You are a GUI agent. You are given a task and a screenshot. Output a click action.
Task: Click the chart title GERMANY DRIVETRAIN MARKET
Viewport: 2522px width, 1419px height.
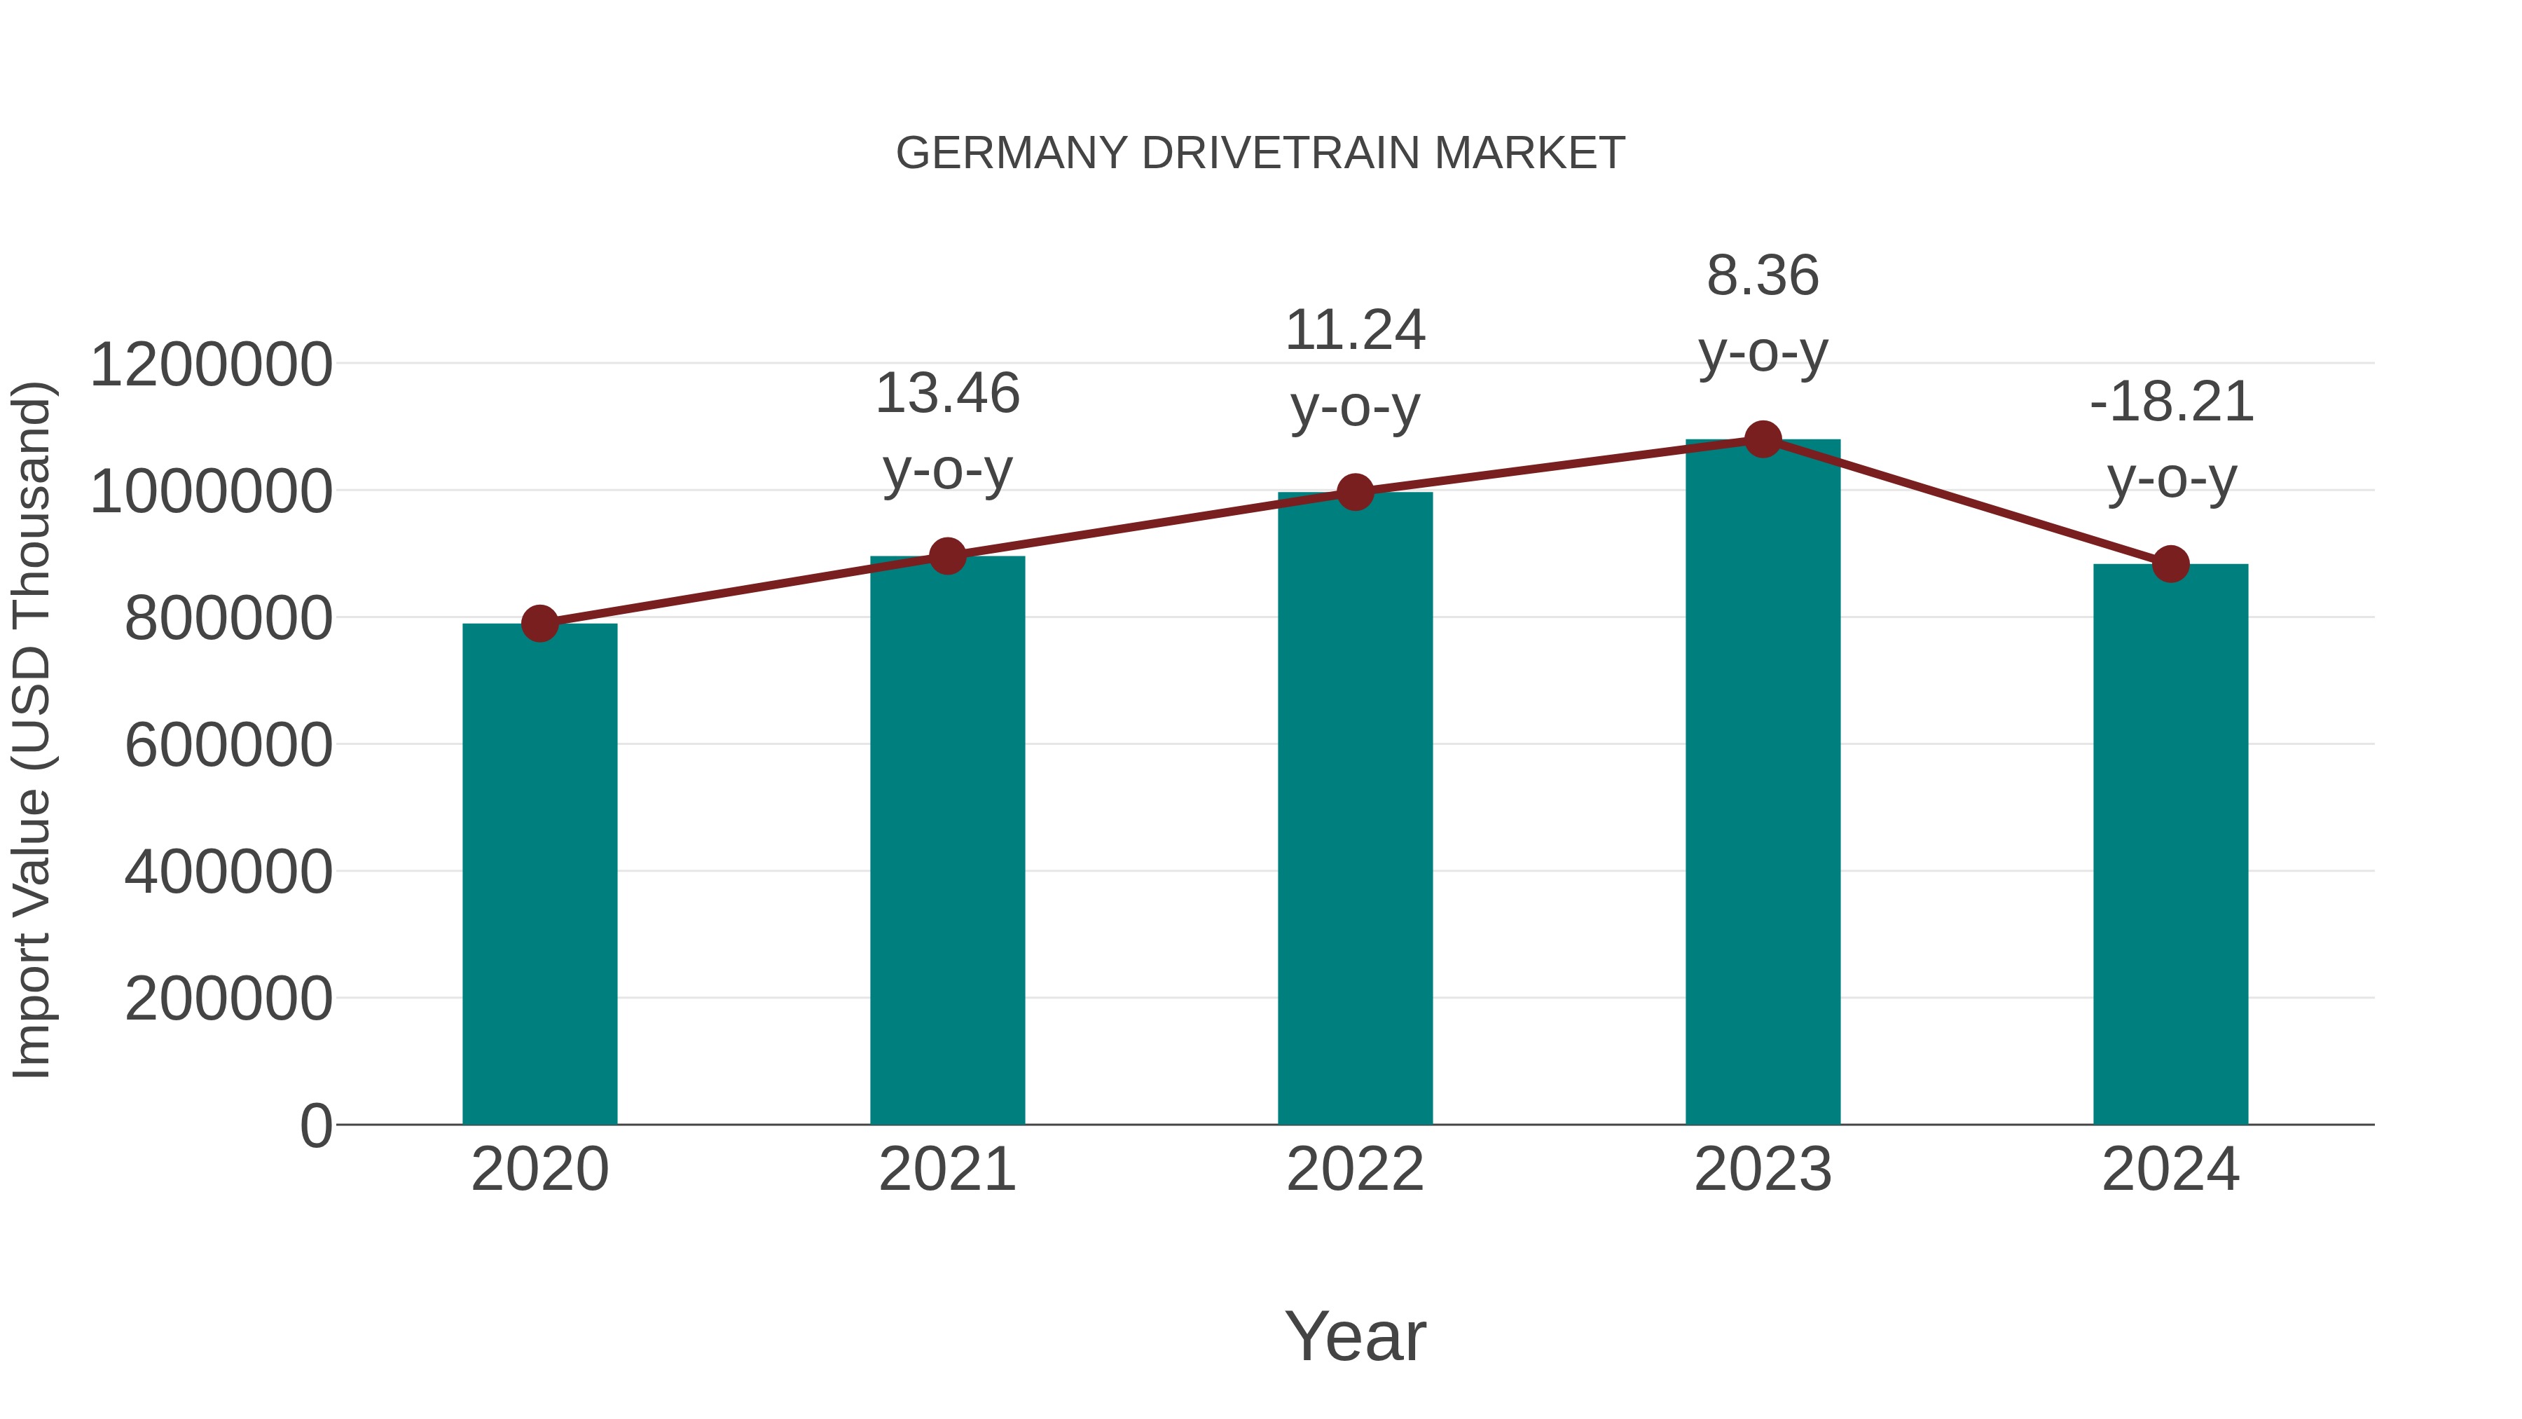1260,153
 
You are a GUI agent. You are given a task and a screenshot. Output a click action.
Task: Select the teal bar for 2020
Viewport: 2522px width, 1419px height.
539,874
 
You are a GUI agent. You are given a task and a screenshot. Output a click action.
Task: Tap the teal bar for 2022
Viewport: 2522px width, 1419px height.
1355,808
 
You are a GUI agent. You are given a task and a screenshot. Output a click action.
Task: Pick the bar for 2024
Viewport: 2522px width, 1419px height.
2170,844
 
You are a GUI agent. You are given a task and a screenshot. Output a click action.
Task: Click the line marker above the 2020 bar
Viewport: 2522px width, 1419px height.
539,623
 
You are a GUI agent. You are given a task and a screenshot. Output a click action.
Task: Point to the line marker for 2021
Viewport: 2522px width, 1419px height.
946,556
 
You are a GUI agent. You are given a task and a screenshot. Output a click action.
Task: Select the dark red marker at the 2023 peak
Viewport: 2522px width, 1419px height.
1763,439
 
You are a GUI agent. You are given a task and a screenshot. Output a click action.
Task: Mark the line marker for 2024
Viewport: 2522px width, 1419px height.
2170,564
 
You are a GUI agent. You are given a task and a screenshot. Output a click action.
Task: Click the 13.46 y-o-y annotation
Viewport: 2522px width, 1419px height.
946,431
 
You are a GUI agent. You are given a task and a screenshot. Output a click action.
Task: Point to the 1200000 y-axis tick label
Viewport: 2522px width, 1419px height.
210,364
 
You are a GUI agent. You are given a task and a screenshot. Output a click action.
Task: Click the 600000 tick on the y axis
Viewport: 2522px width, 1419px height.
228,746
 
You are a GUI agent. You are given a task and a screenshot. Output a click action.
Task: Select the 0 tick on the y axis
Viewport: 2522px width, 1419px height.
316,1125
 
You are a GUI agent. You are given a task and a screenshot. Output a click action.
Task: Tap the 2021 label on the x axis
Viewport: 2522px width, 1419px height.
946,1170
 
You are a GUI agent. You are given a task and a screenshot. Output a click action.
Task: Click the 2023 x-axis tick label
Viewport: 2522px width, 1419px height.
1763,1170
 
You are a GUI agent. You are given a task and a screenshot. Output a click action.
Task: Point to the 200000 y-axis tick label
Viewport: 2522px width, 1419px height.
228,999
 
